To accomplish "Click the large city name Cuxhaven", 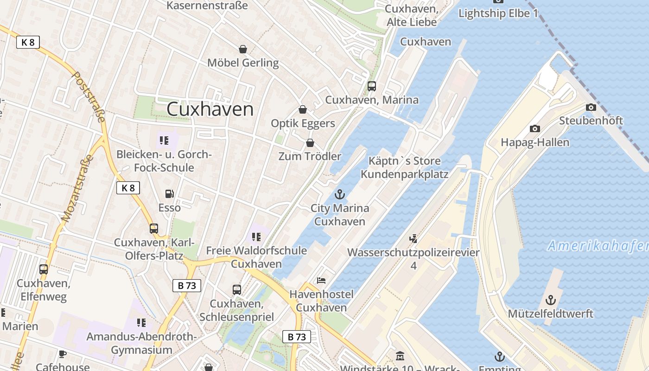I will (210, 109).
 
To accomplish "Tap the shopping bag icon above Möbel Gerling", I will (242, 49).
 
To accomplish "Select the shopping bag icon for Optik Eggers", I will (303, 109).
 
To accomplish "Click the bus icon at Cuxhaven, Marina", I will (372, 86).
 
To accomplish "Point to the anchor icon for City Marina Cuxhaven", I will (340, 194).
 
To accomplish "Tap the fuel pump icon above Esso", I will (170, 194).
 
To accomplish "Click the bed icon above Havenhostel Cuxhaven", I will (321, 280).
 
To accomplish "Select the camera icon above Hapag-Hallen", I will (535, 128).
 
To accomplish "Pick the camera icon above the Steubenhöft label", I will (591, 107).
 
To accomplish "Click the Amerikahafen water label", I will (598, 246).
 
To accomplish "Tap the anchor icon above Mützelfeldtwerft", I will (550, 300).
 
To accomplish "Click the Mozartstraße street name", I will (77, 188).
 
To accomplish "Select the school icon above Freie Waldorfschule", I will (256, 237).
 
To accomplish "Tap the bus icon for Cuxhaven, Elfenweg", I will (44, 269).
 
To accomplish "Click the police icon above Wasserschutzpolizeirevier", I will (414, 239).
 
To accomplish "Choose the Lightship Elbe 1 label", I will (498, 13).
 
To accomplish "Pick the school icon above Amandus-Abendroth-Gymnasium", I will (141, 322).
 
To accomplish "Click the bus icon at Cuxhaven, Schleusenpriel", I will (237, 290).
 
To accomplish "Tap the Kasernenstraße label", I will (207, 6).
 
